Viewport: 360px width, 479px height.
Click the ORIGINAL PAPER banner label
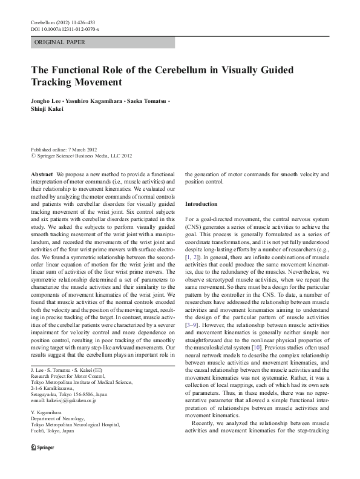[60, 42]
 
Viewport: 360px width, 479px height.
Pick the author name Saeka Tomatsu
[148, 100]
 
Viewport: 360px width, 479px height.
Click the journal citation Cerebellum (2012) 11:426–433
[62, 22]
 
